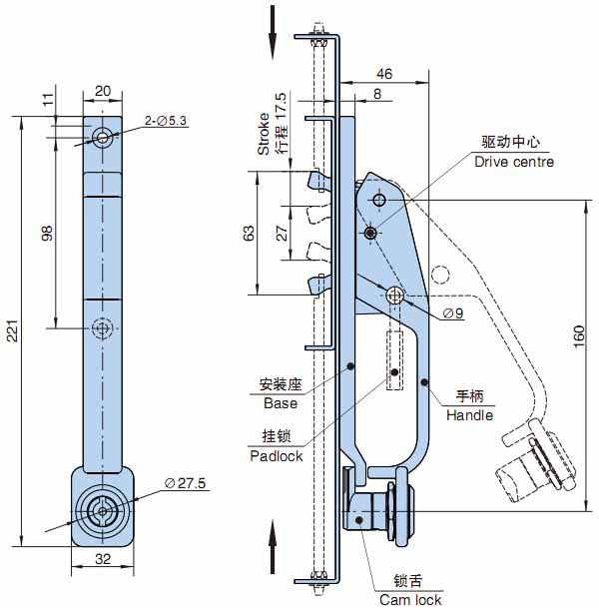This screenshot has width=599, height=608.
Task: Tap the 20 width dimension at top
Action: tap(102, 91)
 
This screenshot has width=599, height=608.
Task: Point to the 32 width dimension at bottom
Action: tap(102, 560)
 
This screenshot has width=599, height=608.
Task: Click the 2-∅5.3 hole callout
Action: tap(166, 121)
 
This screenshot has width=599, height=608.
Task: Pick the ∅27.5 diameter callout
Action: tap(185, 483)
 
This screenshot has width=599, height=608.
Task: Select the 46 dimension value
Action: tap(385, 74)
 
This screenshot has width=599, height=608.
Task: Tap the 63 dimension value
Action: tap(249, 233)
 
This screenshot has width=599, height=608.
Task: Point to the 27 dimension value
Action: tap(282, 233)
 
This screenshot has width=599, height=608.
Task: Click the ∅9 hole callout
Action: tap(452, 313)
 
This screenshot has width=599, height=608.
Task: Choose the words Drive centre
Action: tap(513, 162)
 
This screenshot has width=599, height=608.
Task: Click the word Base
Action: tap(281, 403)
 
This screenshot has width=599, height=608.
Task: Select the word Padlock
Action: tap(276, 455)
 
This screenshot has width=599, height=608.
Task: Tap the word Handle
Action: tap(469, 414)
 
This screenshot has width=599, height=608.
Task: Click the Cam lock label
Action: tap(409, 599)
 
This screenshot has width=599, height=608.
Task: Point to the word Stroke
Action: tap(264, 135)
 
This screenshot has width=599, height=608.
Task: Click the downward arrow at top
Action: tap(271, 29)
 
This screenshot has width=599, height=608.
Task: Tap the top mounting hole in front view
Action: tap(102, 136)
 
